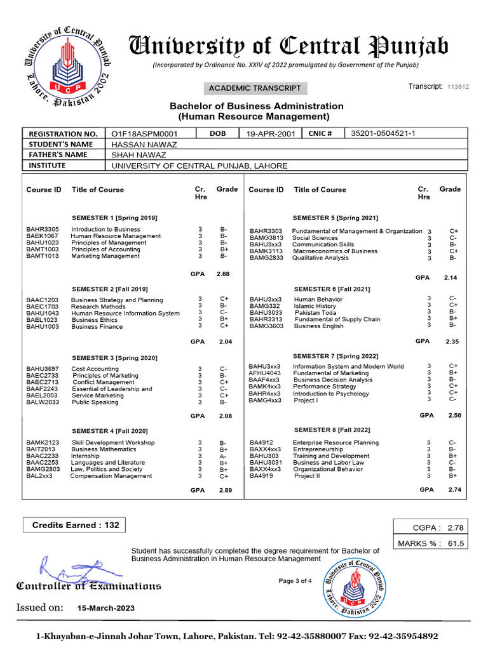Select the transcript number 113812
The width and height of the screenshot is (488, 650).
[458, 87]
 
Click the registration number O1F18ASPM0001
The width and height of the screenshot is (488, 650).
[144, 134]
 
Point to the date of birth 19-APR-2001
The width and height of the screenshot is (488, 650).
[267, 134]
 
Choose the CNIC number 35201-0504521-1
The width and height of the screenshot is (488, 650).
[384, 133]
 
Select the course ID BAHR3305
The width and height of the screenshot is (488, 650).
[43, 229]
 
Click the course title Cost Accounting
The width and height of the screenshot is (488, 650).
[95, 369]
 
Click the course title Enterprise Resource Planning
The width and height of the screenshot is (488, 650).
[335, 442]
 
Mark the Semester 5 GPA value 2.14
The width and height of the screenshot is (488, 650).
[451, 277]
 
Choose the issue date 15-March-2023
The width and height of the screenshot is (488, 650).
[105, 607]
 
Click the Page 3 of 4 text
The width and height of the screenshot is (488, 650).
[295, 581]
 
